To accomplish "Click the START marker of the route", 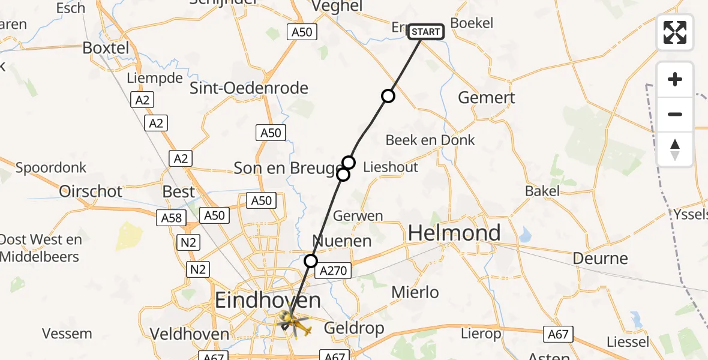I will (426, 31).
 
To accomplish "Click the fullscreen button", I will (675, 32).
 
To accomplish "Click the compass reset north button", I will (675, 149).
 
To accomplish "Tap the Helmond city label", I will (454, 233).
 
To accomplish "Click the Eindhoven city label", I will (268, 300).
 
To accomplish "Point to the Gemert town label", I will (486, 97).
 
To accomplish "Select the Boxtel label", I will (106, 47).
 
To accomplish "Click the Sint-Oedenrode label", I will (249, 88).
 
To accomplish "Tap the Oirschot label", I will (91, 191).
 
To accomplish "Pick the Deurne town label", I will (600, 259).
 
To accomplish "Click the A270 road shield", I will (333, 271).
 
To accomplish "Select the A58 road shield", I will (171, 218).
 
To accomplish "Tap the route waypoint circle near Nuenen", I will (311, 260).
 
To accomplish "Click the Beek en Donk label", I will (430, 140).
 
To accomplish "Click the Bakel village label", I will (542, 191).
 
